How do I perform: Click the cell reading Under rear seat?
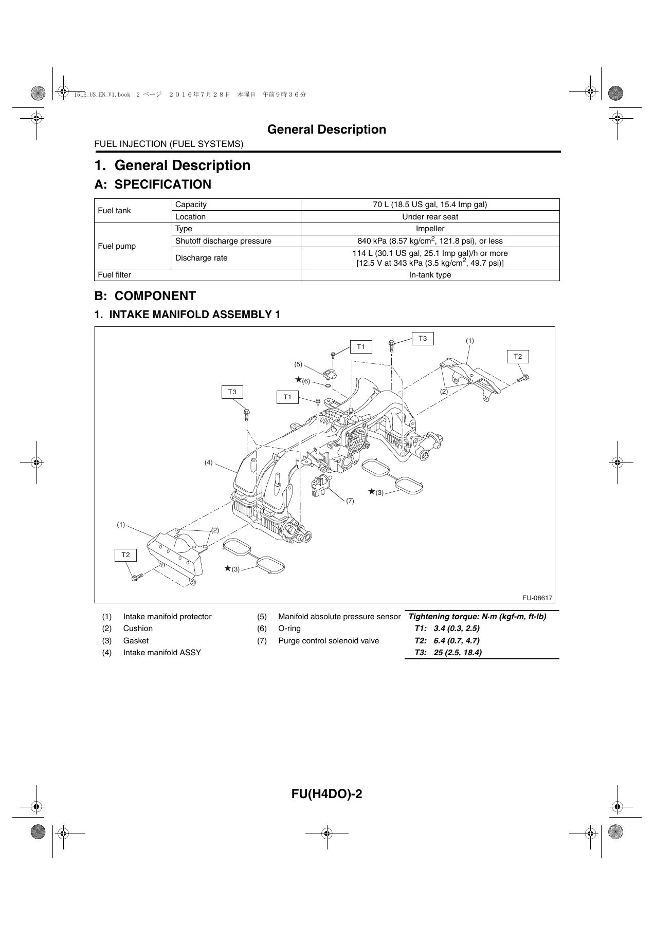coord(430,217)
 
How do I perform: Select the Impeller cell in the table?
coord(430,229)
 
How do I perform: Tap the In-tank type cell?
coord(430,275)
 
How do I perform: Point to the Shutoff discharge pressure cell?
coord(236,241)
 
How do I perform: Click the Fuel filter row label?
coord(197,275)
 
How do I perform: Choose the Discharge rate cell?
coord(236,258)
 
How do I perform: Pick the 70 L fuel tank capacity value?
coord(430,205)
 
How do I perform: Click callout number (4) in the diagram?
coord(208,462)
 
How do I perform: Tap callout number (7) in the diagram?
coord(350,501)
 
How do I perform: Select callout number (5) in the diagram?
coord(298,364)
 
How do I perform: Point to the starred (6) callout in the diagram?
coord(303,380)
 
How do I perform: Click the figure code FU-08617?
coord(537,598)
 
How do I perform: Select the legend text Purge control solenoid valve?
coord(329,641)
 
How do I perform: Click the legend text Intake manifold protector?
coord(167,617)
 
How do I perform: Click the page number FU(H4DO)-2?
coord(327,794)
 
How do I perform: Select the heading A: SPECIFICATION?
coord(153,184)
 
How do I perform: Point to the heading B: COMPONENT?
coord(145,296)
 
